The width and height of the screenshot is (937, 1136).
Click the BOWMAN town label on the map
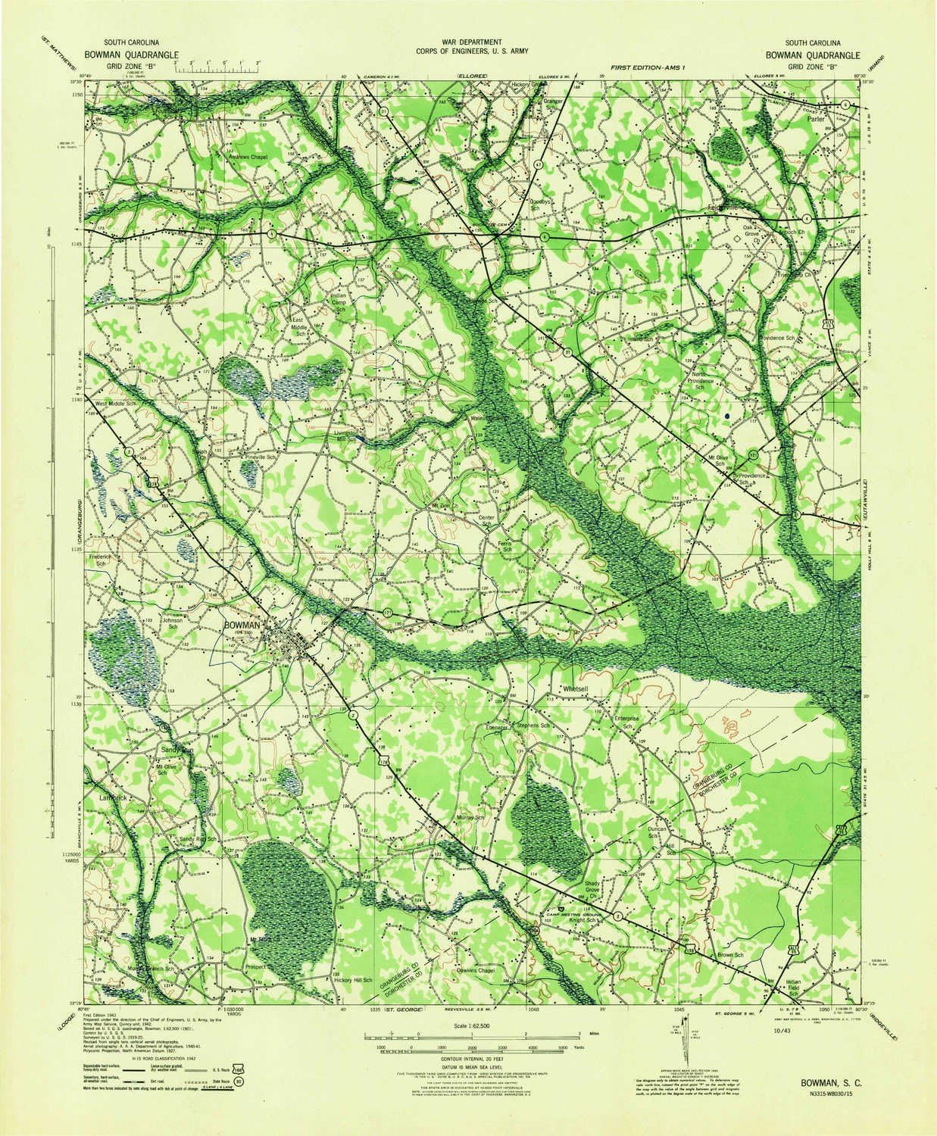click(242, 625)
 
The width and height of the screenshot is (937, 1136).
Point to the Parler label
click(815, 119)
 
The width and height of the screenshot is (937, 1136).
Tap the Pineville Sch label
click(260, 458)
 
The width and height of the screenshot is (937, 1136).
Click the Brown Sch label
click(732, 956)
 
